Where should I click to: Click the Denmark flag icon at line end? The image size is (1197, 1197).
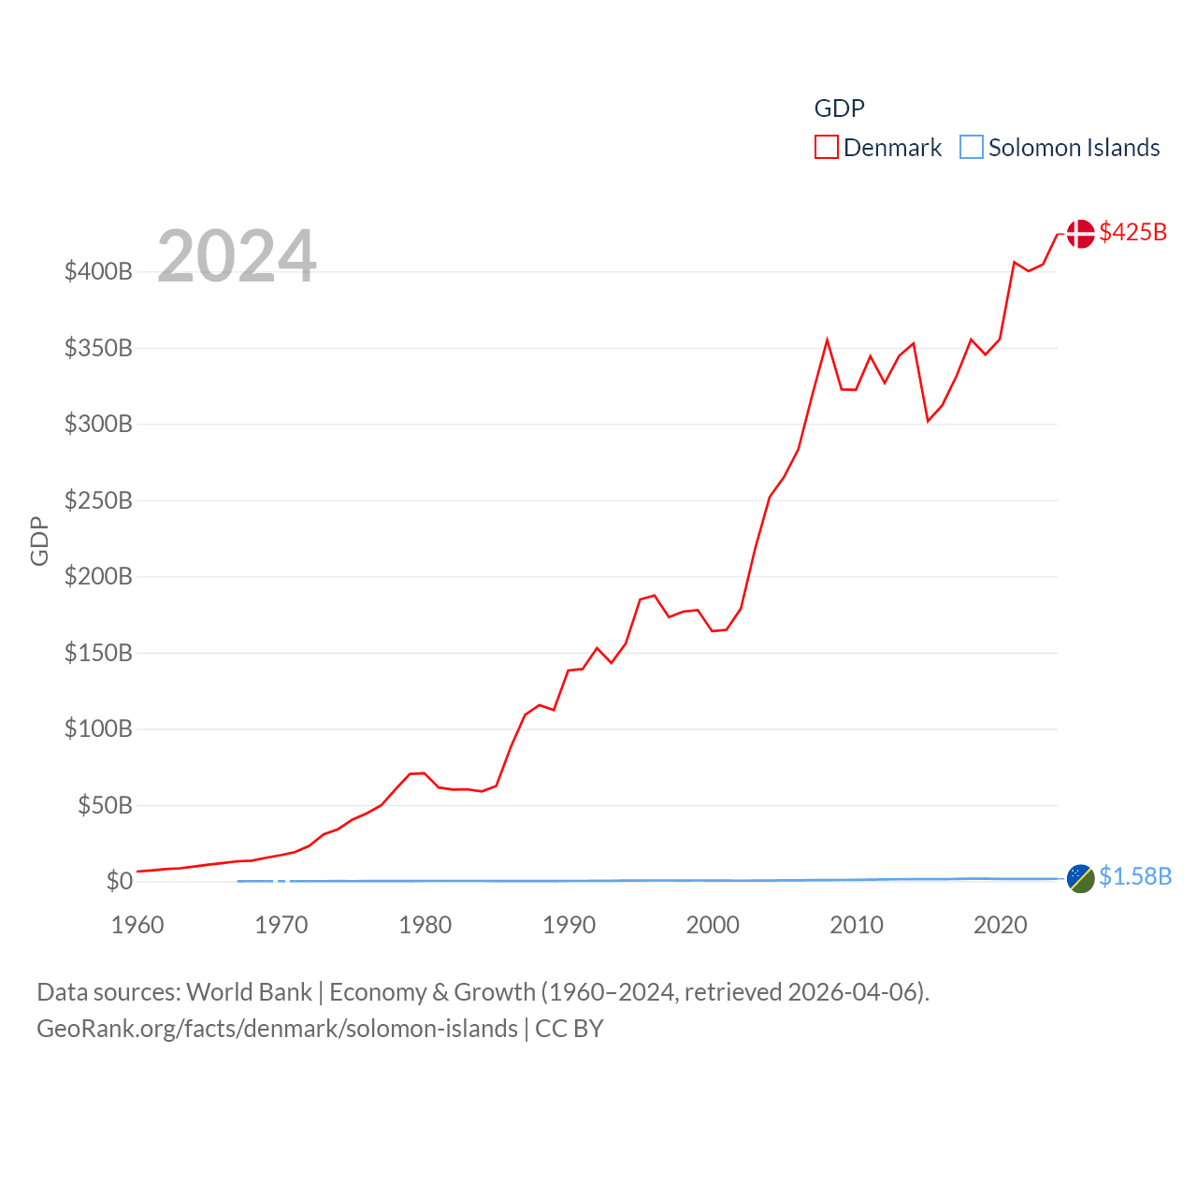coord(1080,234)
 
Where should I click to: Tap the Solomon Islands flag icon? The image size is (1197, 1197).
coord(1080,878)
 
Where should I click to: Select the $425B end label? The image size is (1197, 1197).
coord(1133,232)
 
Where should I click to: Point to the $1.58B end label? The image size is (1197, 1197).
coord(1135,876)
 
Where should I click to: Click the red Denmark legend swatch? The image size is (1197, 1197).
coord(827,148)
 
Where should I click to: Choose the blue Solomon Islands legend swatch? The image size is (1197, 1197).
coord(972,148)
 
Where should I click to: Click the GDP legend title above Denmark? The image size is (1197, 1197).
coord(839,108)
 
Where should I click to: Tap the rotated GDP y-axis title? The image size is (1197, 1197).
coord(39,541)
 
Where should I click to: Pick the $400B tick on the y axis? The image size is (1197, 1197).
coord(98,272)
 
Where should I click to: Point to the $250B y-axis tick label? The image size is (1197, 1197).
coord(98,500)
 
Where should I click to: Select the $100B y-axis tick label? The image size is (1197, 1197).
coord(98,728)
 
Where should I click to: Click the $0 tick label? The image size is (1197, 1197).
coord(119,881)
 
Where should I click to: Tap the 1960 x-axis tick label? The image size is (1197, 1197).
coord(137,925)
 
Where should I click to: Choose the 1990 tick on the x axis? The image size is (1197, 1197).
coord(569,925)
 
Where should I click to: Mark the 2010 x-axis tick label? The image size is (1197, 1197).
coord(857,925)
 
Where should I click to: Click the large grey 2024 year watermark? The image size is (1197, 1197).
coord(237,256)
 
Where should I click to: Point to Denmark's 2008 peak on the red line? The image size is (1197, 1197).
coord(828,339)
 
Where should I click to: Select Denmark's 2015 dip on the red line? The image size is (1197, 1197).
coord(928,421)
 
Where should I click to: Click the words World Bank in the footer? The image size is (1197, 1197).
coord(250,991)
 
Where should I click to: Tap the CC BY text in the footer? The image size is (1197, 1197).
coord(570,1029)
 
